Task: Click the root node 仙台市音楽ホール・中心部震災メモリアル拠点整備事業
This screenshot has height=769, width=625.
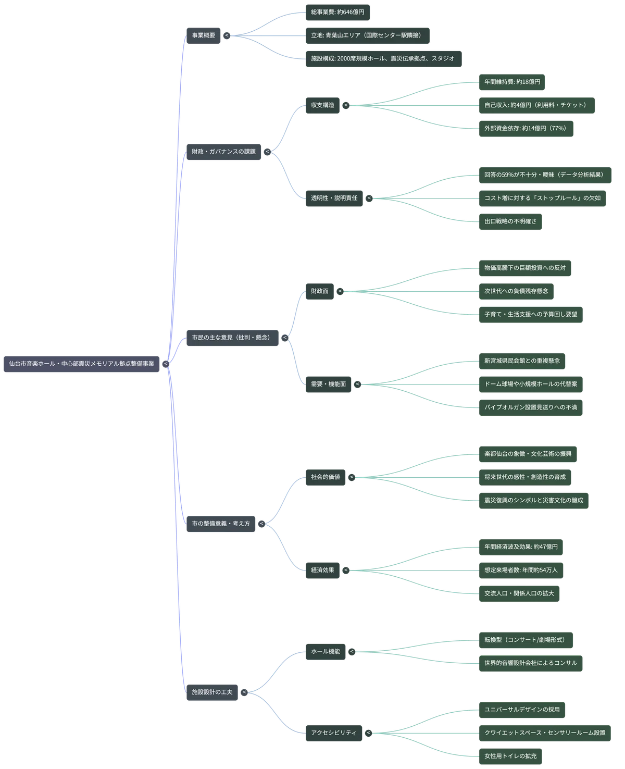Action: (x=81, y=364)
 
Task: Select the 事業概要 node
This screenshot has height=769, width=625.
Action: (x=203, y=35)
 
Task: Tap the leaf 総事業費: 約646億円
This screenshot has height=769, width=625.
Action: (x=337, y=13)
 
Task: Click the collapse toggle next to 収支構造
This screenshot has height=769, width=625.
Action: (x=346, y=105)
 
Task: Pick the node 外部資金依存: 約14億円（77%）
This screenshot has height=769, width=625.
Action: (x=526, y=129)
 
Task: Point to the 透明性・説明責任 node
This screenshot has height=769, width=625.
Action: (x=334, y=198)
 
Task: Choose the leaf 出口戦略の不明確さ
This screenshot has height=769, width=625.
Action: (x=510, y=221)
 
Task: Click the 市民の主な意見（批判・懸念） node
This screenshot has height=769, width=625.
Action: (x=232, y=338)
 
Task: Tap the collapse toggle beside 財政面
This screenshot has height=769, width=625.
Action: (x=340, y=291)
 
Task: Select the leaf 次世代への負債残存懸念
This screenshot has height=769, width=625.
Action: (x=516, y=291)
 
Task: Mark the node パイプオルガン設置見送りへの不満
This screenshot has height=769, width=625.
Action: (x=530, y=407)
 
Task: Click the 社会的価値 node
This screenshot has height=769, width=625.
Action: (x=325, y=477)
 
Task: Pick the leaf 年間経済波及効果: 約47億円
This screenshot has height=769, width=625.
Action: (x=521, y=547)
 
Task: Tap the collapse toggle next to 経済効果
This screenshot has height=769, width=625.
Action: (x=346, y=570)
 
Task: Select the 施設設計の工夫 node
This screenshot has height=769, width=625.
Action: (x=212, y=692)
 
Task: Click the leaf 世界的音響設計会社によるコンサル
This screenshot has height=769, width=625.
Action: (x=530, y=663)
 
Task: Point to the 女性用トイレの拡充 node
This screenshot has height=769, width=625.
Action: (x=510, y=756)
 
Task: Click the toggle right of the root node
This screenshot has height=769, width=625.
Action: (x=166, y=364)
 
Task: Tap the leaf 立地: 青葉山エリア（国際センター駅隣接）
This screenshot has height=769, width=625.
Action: (x=367, y=35)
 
